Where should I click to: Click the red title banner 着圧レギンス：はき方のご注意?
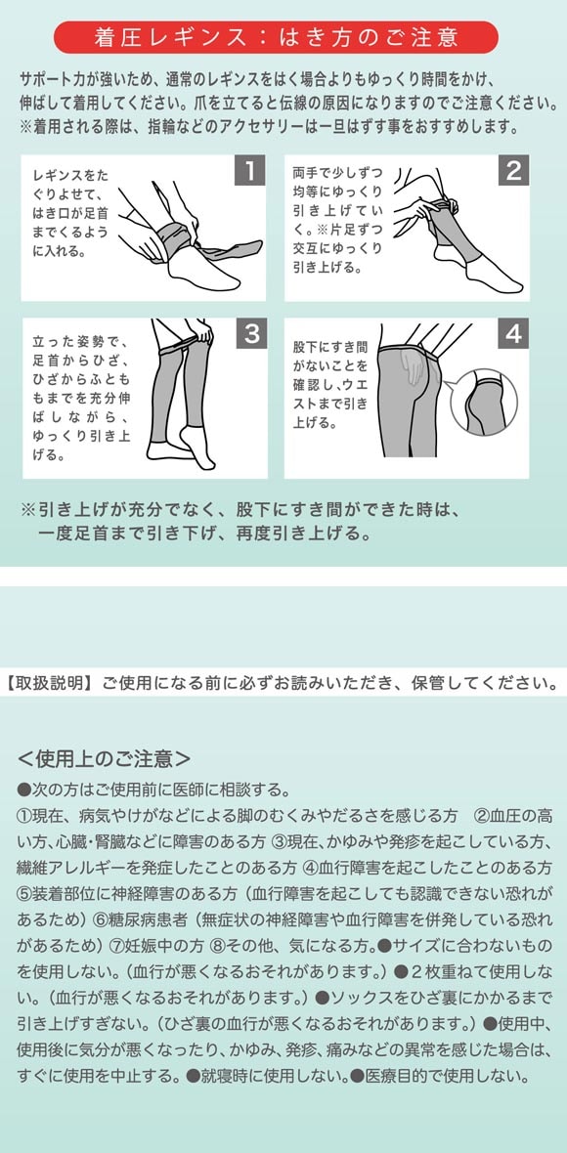(276, 37)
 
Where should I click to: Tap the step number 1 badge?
(250, 172)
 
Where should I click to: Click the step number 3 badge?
(250, 334)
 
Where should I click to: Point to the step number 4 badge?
(513, 334)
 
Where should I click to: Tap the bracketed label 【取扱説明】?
(49, 681)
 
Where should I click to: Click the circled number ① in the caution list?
(26, 815)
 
